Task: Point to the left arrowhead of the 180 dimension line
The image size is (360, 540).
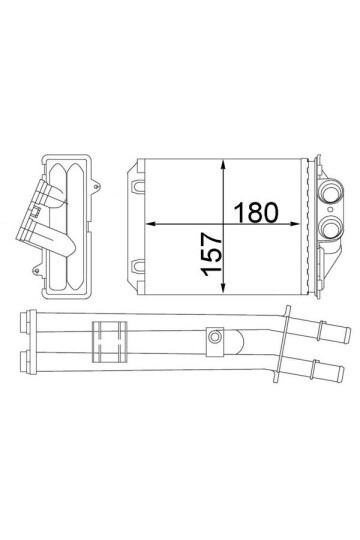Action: pyautogui.click(x=151, y=222)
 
